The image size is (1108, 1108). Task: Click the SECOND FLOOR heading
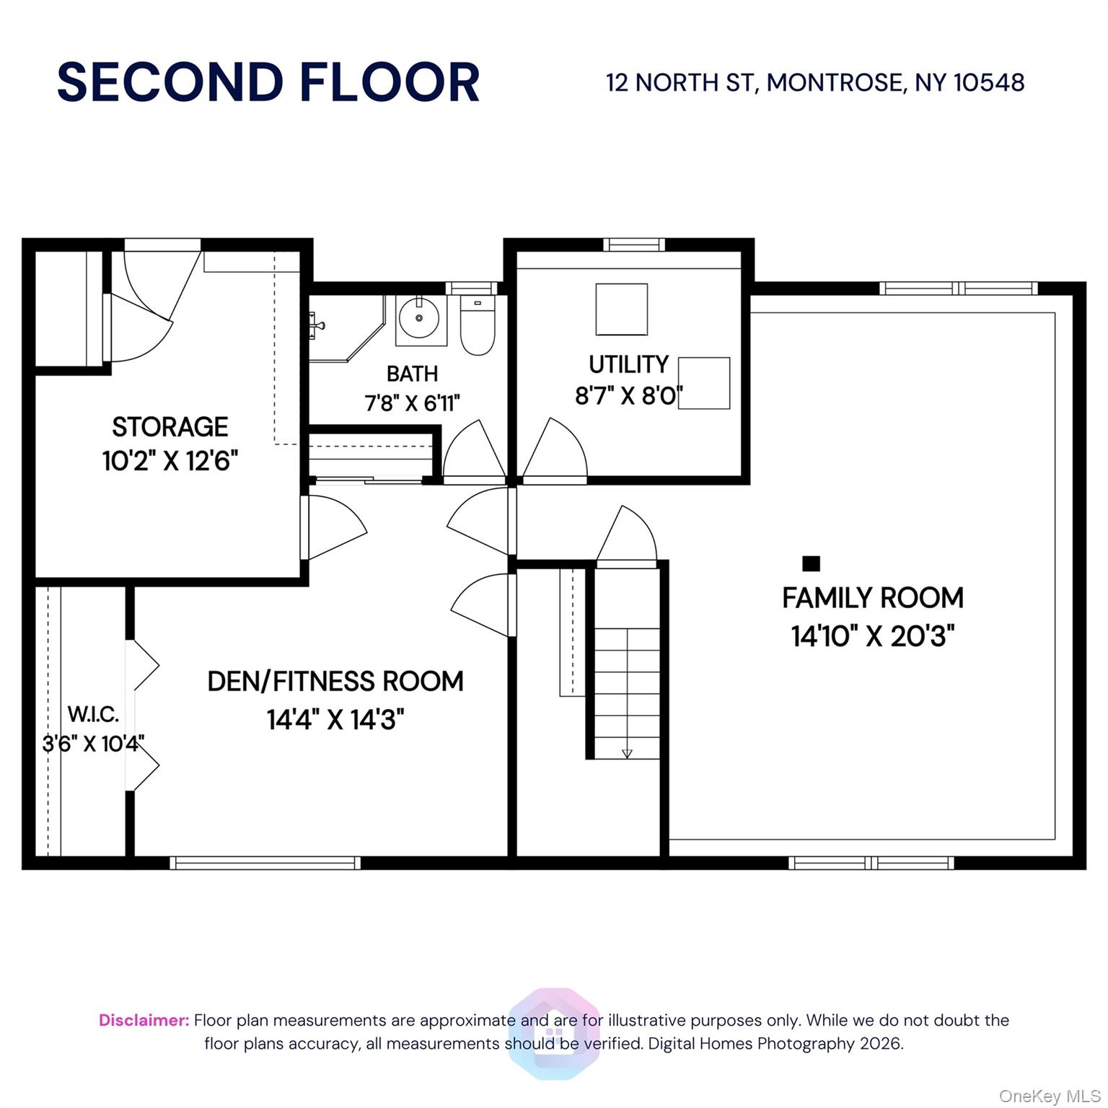pos(268,82)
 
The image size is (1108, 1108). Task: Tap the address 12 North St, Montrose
pos(814,83)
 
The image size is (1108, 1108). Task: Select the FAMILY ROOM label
pos(873,598)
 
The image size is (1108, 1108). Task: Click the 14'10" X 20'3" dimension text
pos(873,636)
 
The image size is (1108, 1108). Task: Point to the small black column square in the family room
pos(812,563)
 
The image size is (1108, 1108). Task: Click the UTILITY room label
pos(628,365)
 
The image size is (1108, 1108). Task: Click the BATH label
pos(412,374)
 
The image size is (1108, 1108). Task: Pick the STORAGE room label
pos(170,427)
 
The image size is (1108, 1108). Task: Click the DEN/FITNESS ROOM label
pos(335,682)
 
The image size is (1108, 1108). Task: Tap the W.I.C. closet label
pos(93,715)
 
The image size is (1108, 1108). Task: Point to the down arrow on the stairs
pos(627,753)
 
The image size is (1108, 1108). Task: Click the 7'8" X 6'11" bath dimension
pos(412,403)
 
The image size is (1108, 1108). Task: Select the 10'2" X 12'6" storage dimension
pos(170,460)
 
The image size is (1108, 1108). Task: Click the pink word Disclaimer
pos(144,1021)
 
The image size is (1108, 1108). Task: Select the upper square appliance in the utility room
pos(621,309)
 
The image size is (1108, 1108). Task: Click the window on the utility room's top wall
pos(634,245)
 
